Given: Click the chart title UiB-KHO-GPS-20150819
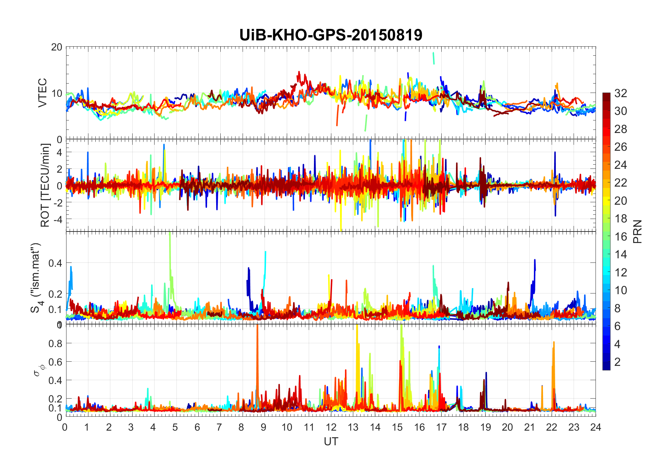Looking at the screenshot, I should (x=331, y=35).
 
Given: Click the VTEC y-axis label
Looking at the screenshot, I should (x=42, y=93).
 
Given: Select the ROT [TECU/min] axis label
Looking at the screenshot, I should (x=45, y=185).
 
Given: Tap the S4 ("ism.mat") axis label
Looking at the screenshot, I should (x=36, y=277).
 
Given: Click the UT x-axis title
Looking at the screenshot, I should (x=331, y=441).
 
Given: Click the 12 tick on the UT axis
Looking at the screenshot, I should (x=331, y=427).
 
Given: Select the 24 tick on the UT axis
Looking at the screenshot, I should (x=596, y=427).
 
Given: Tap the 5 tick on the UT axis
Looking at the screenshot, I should (x=175, y=427).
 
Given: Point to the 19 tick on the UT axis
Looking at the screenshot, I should (x=485, y=427).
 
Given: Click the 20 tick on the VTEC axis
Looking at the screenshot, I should (x=57, y=47).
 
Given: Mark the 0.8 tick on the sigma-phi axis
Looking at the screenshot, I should (x=55, y=343).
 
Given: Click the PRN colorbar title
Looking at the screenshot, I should (x=638, y=231).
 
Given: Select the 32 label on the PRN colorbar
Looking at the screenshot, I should (x=621, y=93).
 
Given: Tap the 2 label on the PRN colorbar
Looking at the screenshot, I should (x=617, y=362).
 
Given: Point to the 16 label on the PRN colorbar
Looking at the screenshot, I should (x=621, y=236).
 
